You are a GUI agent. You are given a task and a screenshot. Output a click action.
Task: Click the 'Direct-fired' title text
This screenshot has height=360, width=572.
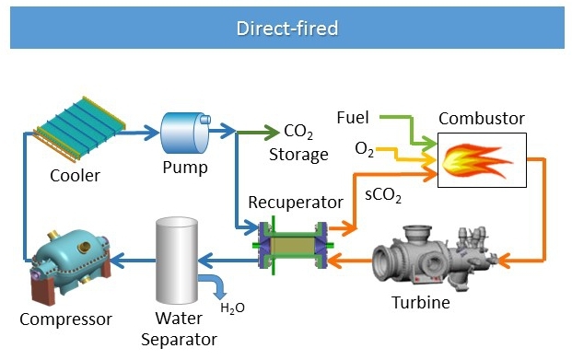286,29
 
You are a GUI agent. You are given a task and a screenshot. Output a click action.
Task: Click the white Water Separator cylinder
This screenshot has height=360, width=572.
177,260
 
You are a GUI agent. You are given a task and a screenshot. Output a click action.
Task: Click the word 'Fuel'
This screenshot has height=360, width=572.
353,118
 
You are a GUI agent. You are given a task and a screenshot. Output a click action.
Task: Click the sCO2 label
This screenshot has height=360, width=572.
381,196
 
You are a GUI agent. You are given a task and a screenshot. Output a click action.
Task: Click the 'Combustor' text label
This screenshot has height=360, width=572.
481,119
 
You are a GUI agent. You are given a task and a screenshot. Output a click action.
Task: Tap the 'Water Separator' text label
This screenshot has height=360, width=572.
177,329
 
